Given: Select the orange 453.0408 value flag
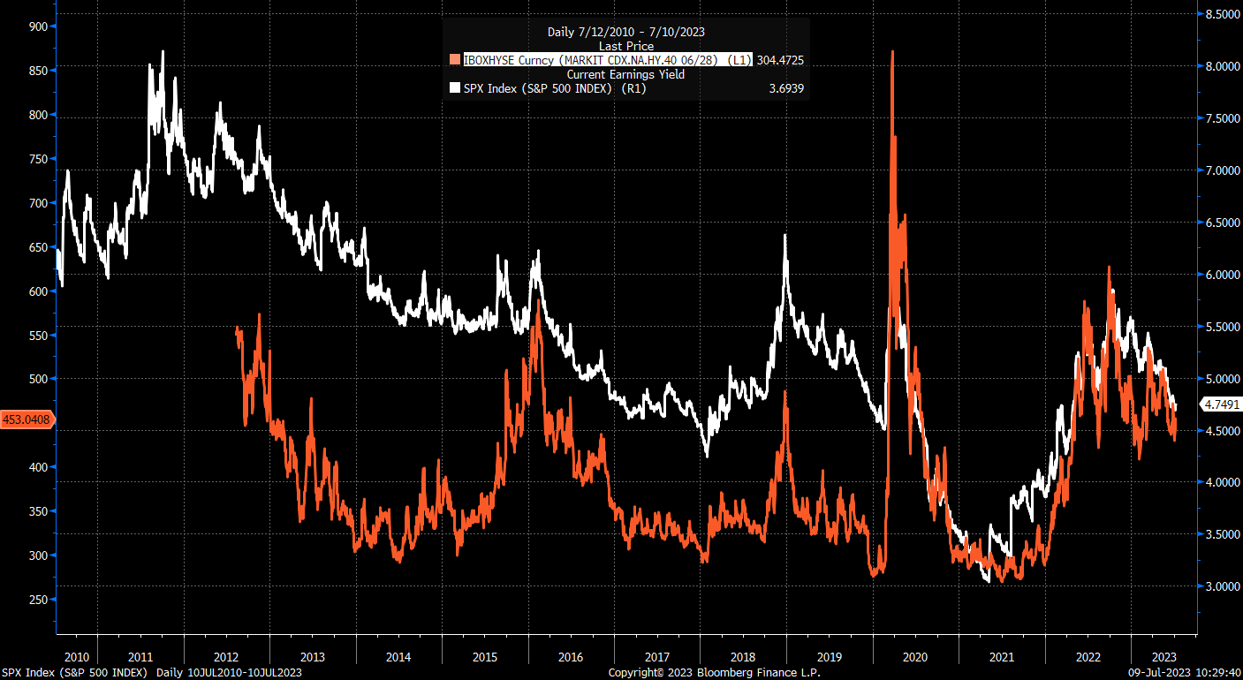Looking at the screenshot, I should pos(27,420).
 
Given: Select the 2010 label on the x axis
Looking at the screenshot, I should pos(76,657).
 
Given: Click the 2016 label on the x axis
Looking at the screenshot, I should pos(571,657).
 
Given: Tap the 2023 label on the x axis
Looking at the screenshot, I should pos(1163,657).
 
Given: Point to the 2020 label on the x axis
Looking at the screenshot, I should pos(915,657).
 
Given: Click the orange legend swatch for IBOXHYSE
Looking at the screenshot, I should pos(455,60).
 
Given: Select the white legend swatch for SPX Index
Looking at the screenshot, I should pos(455,88).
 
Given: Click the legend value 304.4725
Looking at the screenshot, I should pos(779,60).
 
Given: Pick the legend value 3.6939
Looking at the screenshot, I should pos(785,88).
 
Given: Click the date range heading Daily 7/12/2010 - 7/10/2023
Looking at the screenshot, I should pos(626,32).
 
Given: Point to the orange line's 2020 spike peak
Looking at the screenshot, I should pos(892,52).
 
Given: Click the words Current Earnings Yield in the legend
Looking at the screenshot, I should pos(626,74).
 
